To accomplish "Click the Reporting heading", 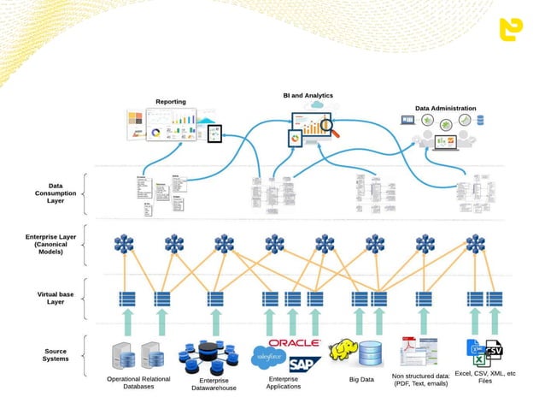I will [x=170, y=102].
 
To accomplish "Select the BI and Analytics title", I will [x=308, y=95].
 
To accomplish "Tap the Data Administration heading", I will [x=445, y=109].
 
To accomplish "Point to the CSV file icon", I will [x=494, y=351].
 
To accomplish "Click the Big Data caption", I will [x=360, y=379].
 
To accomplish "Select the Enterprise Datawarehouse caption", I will [x=214, y=383].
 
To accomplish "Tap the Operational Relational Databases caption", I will [x=138, y=382].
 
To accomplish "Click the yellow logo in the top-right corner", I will [x=512, y=30].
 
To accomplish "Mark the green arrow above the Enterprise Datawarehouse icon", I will [x=214, y=322].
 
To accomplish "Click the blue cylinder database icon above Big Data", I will [x=372, y=353].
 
